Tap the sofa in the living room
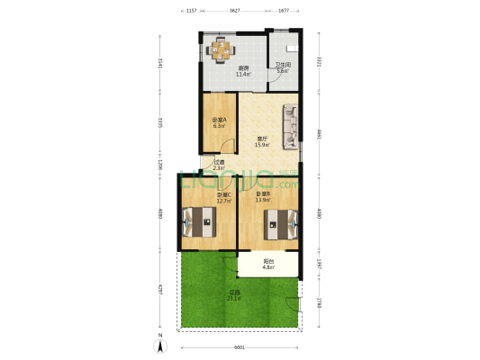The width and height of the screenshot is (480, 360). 290,127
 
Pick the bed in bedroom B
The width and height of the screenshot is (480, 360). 280,220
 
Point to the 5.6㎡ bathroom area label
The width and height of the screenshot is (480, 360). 282,71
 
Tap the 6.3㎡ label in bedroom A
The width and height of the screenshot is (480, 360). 219,126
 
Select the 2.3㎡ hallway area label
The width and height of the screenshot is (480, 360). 219,168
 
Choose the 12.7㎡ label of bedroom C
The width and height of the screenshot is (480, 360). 223,201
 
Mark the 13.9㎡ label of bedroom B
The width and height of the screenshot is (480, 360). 263,200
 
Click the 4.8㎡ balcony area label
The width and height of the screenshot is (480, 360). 268,266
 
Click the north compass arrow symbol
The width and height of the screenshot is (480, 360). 160,342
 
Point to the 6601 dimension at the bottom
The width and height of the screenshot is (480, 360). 239,347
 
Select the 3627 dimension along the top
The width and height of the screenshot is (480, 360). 234,10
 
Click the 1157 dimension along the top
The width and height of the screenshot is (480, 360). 191,10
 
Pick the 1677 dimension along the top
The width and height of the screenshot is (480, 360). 283,10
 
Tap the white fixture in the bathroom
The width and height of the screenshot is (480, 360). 292,47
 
